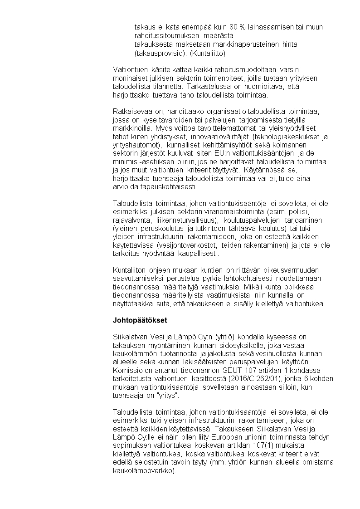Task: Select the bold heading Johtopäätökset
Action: click(140, 320)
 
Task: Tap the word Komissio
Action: click(127, 370)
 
